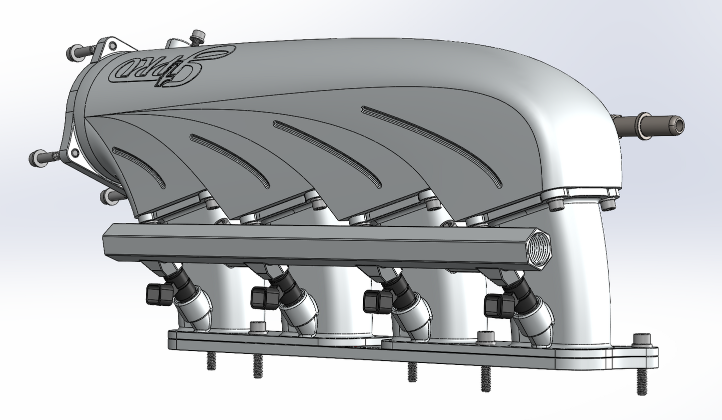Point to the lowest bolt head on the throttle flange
click(x=107, y=196)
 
